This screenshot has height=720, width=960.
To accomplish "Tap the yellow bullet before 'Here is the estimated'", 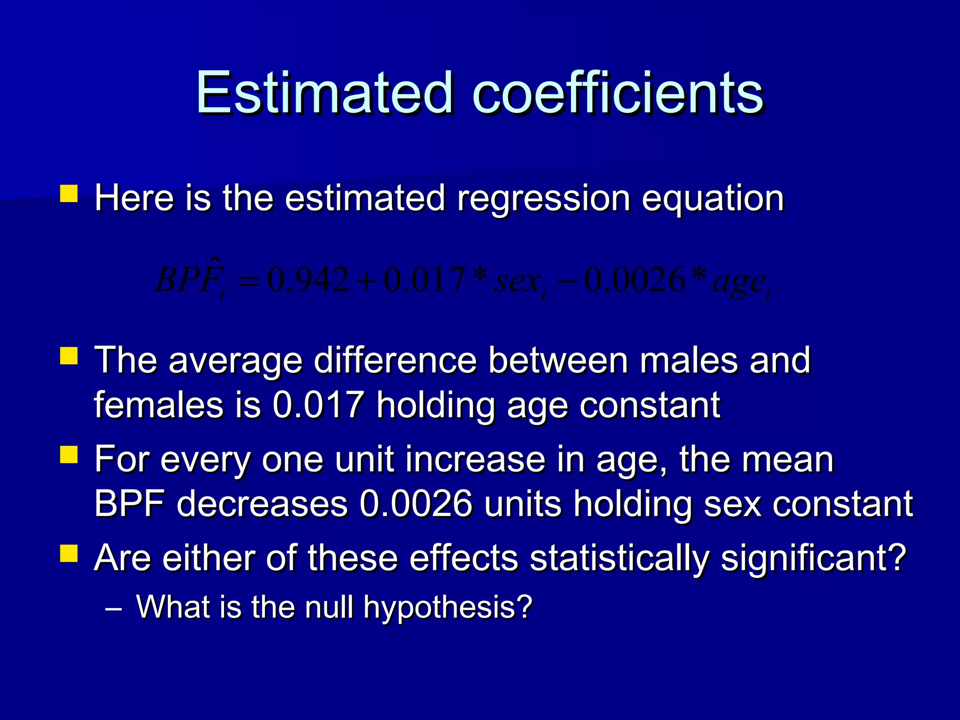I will click(69, 193).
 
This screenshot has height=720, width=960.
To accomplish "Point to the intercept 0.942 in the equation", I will click(308, 280).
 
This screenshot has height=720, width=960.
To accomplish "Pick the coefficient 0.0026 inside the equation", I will click(635, 280).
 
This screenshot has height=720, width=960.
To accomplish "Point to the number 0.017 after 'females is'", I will click(318, 405).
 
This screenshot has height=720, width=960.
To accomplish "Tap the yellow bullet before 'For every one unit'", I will click(69, 455).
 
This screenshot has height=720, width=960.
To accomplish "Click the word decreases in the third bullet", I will click(262, 505).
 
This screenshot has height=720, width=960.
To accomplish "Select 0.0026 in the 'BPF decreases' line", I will click(416, 505).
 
